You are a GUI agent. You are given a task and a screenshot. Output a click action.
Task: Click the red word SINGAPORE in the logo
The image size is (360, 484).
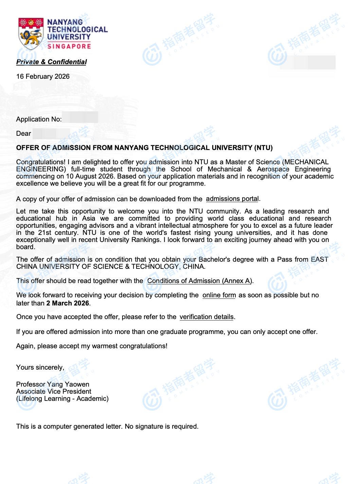[x=69, y=46]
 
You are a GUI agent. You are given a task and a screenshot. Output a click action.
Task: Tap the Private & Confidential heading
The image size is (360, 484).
[x=52, y=62]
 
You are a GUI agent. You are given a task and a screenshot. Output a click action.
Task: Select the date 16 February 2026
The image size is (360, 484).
[x=43, y=76]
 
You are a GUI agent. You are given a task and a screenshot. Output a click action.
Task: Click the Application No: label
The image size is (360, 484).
[x=39, y=119]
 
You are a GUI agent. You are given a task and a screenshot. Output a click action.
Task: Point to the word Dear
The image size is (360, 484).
[x=24, y=133]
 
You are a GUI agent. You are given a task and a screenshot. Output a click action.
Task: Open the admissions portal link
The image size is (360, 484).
[x=232, y=199]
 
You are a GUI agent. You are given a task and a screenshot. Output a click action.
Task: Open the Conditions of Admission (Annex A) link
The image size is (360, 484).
[x=200, y=281]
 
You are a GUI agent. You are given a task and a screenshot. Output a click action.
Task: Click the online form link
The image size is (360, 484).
[x=219, y=295]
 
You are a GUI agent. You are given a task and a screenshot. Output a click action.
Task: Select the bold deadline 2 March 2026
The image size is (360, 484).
[x=68, y=303]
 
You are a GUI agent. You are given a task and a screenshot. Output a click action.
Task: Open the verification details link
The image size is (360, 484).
[x=206, y=317]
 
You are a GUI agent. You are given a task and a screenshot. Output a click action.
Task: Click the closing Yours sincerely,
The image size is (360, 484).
[x=40, y=367]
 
